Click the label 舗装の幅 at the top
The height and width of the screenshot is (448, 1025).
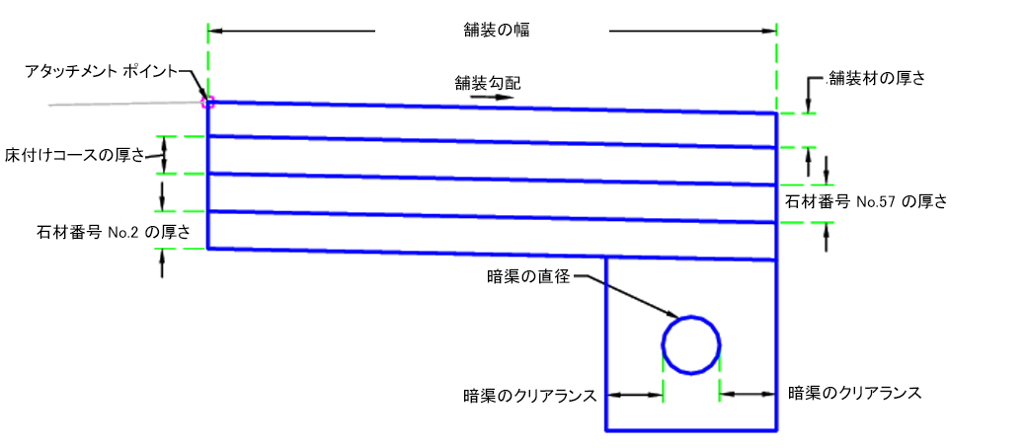pos(492,31)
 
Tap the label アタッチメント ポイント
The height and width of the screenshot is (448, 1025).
pos(103,71)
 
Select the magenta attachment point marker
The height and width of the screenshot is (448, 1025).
pos(207,101)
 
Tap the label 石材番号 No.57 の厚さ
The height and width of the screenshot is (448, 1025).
pos(865,202)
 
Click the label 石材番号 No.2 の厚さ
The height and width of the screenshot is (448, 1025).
pos(111,232)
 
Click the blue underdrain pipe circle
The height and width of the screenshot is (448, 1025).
pos(691,345)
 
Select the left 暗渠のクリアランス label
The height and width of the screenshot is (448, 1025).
pos(530,396)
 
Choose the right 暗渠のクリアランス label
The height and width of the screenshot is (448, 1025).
pos(854,393)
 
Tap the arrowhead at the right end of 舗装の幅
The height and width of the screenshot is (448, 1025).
pos(770,32)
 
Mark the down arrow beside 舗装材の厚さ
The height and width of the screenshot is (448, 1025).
pos(809,96)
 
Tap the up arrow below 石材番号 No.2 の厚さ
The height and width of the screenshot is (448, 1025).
pos(162,262)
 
